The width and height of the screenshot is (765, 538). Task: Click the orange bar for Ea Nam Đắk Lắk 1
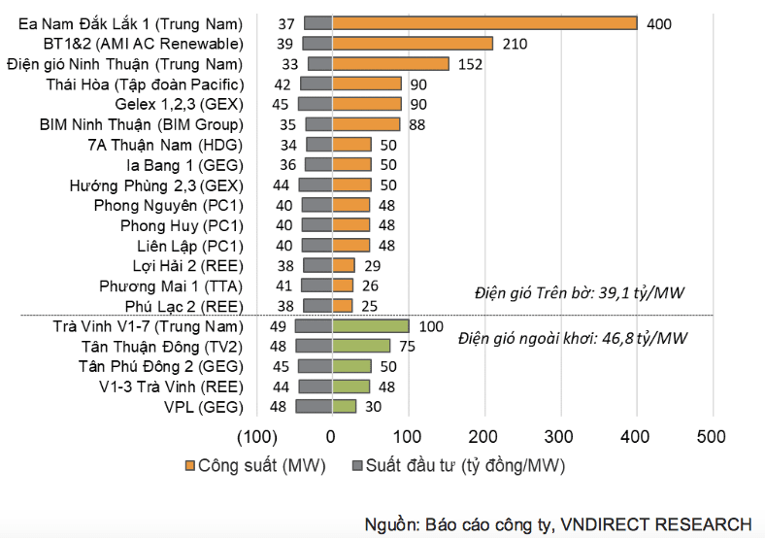coord(484,23)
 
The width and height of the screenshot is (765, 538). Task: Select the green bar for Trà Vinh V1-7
coord(371,326)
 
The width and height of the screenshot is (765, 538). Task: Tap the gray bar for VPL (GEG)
coord(315,406)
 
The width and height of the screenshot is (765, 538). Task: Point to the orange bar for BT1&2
coord(413,44)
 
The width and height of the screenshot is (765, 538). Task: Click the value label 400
coord(658,24)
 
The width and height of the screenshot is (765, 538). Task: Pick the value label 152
coord(470,64)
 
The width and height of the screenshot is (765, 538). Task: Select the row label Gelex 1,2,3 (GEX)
coord(179,105)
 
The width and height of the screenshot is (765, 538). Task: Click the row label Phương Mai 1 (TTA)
coord(171,286)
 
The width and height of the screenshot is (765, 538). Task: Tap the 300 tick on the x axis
coord(558,436)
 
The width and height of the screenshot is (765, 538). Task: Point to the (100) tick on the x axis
coord(257,437)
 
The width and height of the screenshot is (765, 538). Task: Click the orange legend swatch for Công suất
coord(189,466)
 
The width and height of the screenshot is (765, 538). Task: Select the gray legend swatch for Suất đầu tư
coord(357,466)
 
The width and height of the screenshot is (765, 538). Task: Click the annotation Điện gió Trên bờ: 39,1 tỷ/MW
coord(580,293)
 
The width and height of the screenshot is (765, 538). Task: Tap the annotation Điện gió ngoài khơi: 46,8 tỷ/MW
coord(572,338)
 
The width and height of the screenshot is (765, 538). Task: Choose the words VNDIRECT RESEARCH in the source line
coord(656,524)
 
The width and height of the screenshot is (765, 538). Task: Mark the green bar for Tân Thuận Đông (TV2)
coord(361,346)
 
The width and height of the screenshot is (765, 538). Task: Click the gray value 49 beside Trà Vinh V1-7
coord(278,326)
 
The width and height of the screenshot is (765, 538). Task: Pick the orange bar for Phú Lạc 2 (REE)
coord(343,306)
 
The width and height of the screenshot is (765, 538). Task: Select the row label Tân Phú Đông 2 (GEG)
coord(161,367)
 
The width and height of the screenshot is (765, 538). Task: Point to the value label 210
coord(515,44)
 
